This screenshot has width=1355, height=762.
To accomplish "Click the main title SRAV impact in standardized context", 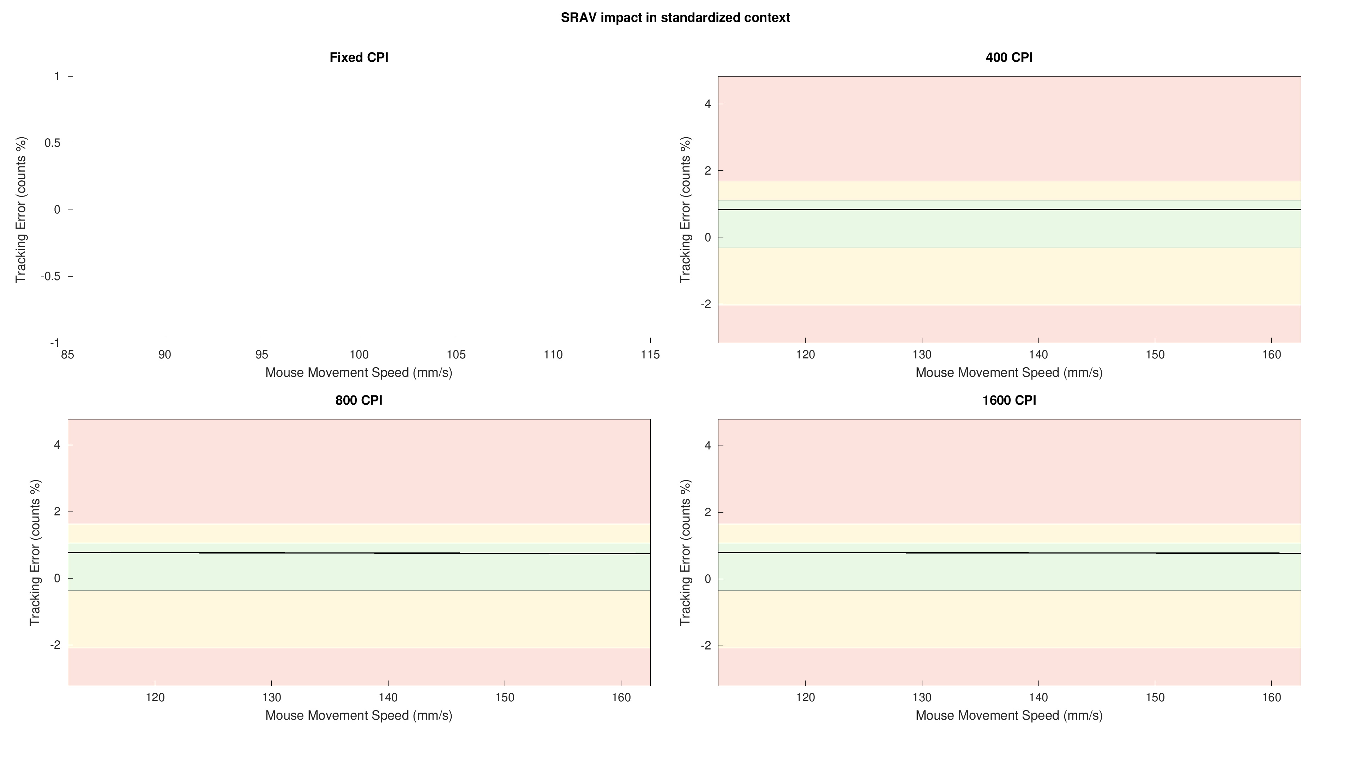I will coord(675,17).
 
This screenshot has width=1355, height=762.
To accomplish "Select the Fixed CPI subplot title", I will coord(359,57).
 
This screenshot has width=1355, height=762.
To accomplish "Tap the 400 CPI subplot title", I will coord(1009,57).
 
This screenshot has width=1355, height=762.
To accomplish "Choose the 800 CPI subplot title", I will coord(359,400).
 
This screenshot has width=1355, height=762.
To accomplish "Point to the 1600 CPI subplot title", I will coord(1009,400).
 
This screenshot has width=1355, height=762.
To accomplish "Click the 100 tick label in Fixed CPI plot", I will coord(359,355).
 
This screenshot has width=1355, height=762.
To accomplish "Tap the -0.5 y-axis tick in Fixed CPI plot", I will coord(50,277).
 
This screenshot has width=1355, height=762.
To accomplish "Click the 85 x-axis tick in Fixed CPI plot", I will coord(68,355).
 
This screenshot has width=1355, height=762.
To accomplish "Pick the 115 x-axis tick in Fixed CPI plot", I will coord(650,355).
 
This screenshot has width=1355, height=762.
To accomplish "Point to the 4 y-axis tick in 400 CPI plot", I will coord(707,104).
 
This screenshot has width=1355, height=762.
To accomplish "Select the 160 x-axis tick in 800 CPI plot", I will coord(622,698).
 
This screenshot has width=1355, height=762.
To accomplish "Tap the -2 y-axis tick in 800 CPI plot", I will coord(55,645).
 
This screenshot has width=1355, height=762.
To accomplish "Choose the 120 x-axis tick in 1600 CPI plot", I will coord(805,698).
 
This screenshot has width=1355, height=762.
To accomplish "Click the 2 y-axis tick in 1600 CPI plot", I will coord(707,512).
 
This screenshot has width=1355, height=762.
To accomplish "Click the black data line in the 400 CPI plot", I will coord(1009,209).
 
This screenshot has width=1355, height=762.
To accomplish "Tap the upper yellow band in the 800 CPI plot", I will coord(359,533).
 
